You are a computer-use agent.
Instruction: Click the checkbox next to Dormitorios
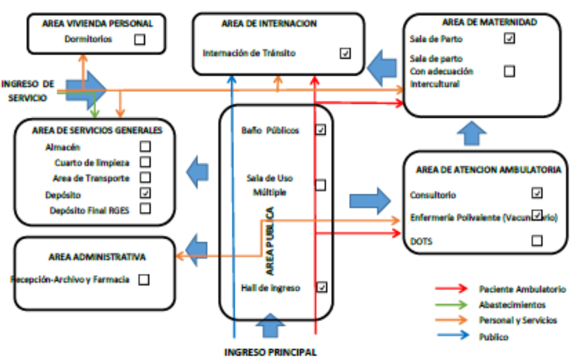click(139, 39)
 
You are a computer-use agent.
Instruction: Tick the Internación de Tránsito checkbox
click(345, 54)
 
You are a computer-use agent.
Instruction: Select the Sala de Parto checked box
click(510, 39)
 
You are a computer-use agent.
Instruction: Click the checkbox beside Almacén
click(145, 147)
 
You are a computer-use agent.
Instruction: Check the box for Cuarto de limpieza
click(145, 162)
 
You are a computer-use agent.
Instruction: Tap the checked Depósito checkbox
click(145, 193)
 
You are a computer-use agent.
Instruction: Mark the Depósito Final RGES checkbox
click(145, 208)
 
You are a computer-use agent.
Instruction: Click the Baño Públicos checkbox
click(320, 130)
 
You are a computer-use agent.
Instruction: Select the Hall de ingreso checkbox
click(321, 287)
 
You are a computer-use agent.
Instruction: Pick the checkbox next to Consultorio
click(537, 194)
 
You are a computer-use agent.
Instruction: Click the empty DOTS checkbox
click(537, 241)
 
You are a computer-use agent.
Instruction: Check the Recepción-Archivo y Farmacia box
click(144, 279)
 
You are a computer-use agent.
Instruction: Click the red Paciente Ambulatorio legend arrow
click(451, 289)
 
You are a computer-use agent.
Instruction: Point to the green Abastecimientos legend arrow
click(451, 305)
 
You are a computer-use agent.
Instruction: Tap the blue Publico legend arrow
click(451, 337)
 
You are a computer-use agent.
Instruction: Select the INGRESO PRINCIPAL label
click(271, 353)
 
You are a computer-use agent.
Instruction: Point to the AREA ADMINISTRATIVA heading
click(94, 257)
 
